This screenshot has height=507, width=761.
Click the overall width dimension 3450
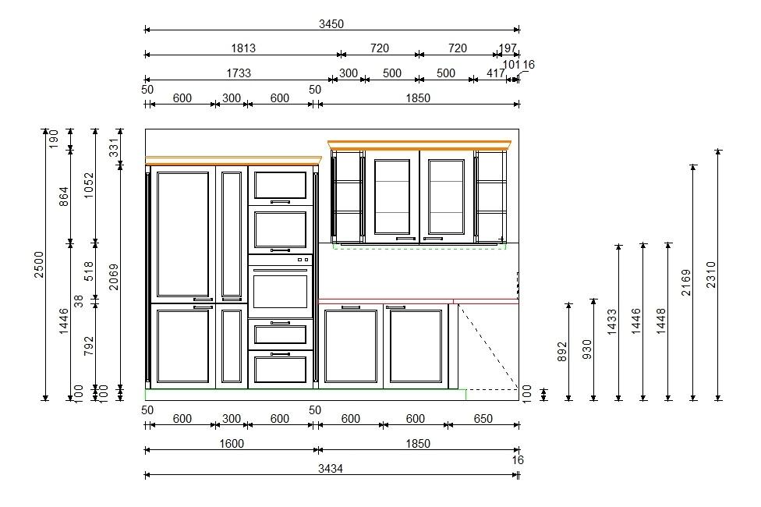coord(331,24)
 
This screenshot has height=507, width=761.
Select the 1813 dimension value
coord(243,48)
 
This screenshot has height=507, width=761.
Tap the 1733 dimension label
coord(239,73)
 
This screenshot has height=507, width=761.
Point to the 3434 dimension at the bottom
coord(331,469)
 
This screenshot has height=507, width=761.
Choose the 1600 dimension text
coord(232,443)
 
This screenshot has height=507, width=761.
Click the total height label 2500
coord(39,264)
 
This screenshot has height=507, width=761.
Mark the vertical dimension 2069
coord(114,278)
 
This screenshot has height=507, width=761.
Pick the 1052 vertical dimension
coord(88,185)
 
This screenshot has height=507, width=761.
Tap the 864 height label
coord(64,197)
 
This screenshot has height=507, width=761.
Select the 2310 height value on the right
coord(711,275)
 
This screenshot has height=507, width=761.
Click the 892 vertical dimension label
coord(562,352)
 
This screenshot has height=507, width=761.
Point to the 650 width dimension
coord(483,419)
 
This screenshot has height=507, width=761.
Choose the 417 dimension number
coord(496,73)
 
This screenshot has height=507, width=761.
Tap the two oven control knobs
coord(303,260)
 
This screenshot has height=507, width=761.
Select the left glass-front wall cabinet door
coord(392,197)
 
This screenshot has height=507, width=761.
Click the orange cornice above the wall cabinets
coord(419,145)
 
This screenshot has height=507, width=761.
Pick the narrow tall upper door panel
coord(232,235)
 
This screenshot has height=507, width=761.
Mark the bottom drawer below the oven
coord(281,369)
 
